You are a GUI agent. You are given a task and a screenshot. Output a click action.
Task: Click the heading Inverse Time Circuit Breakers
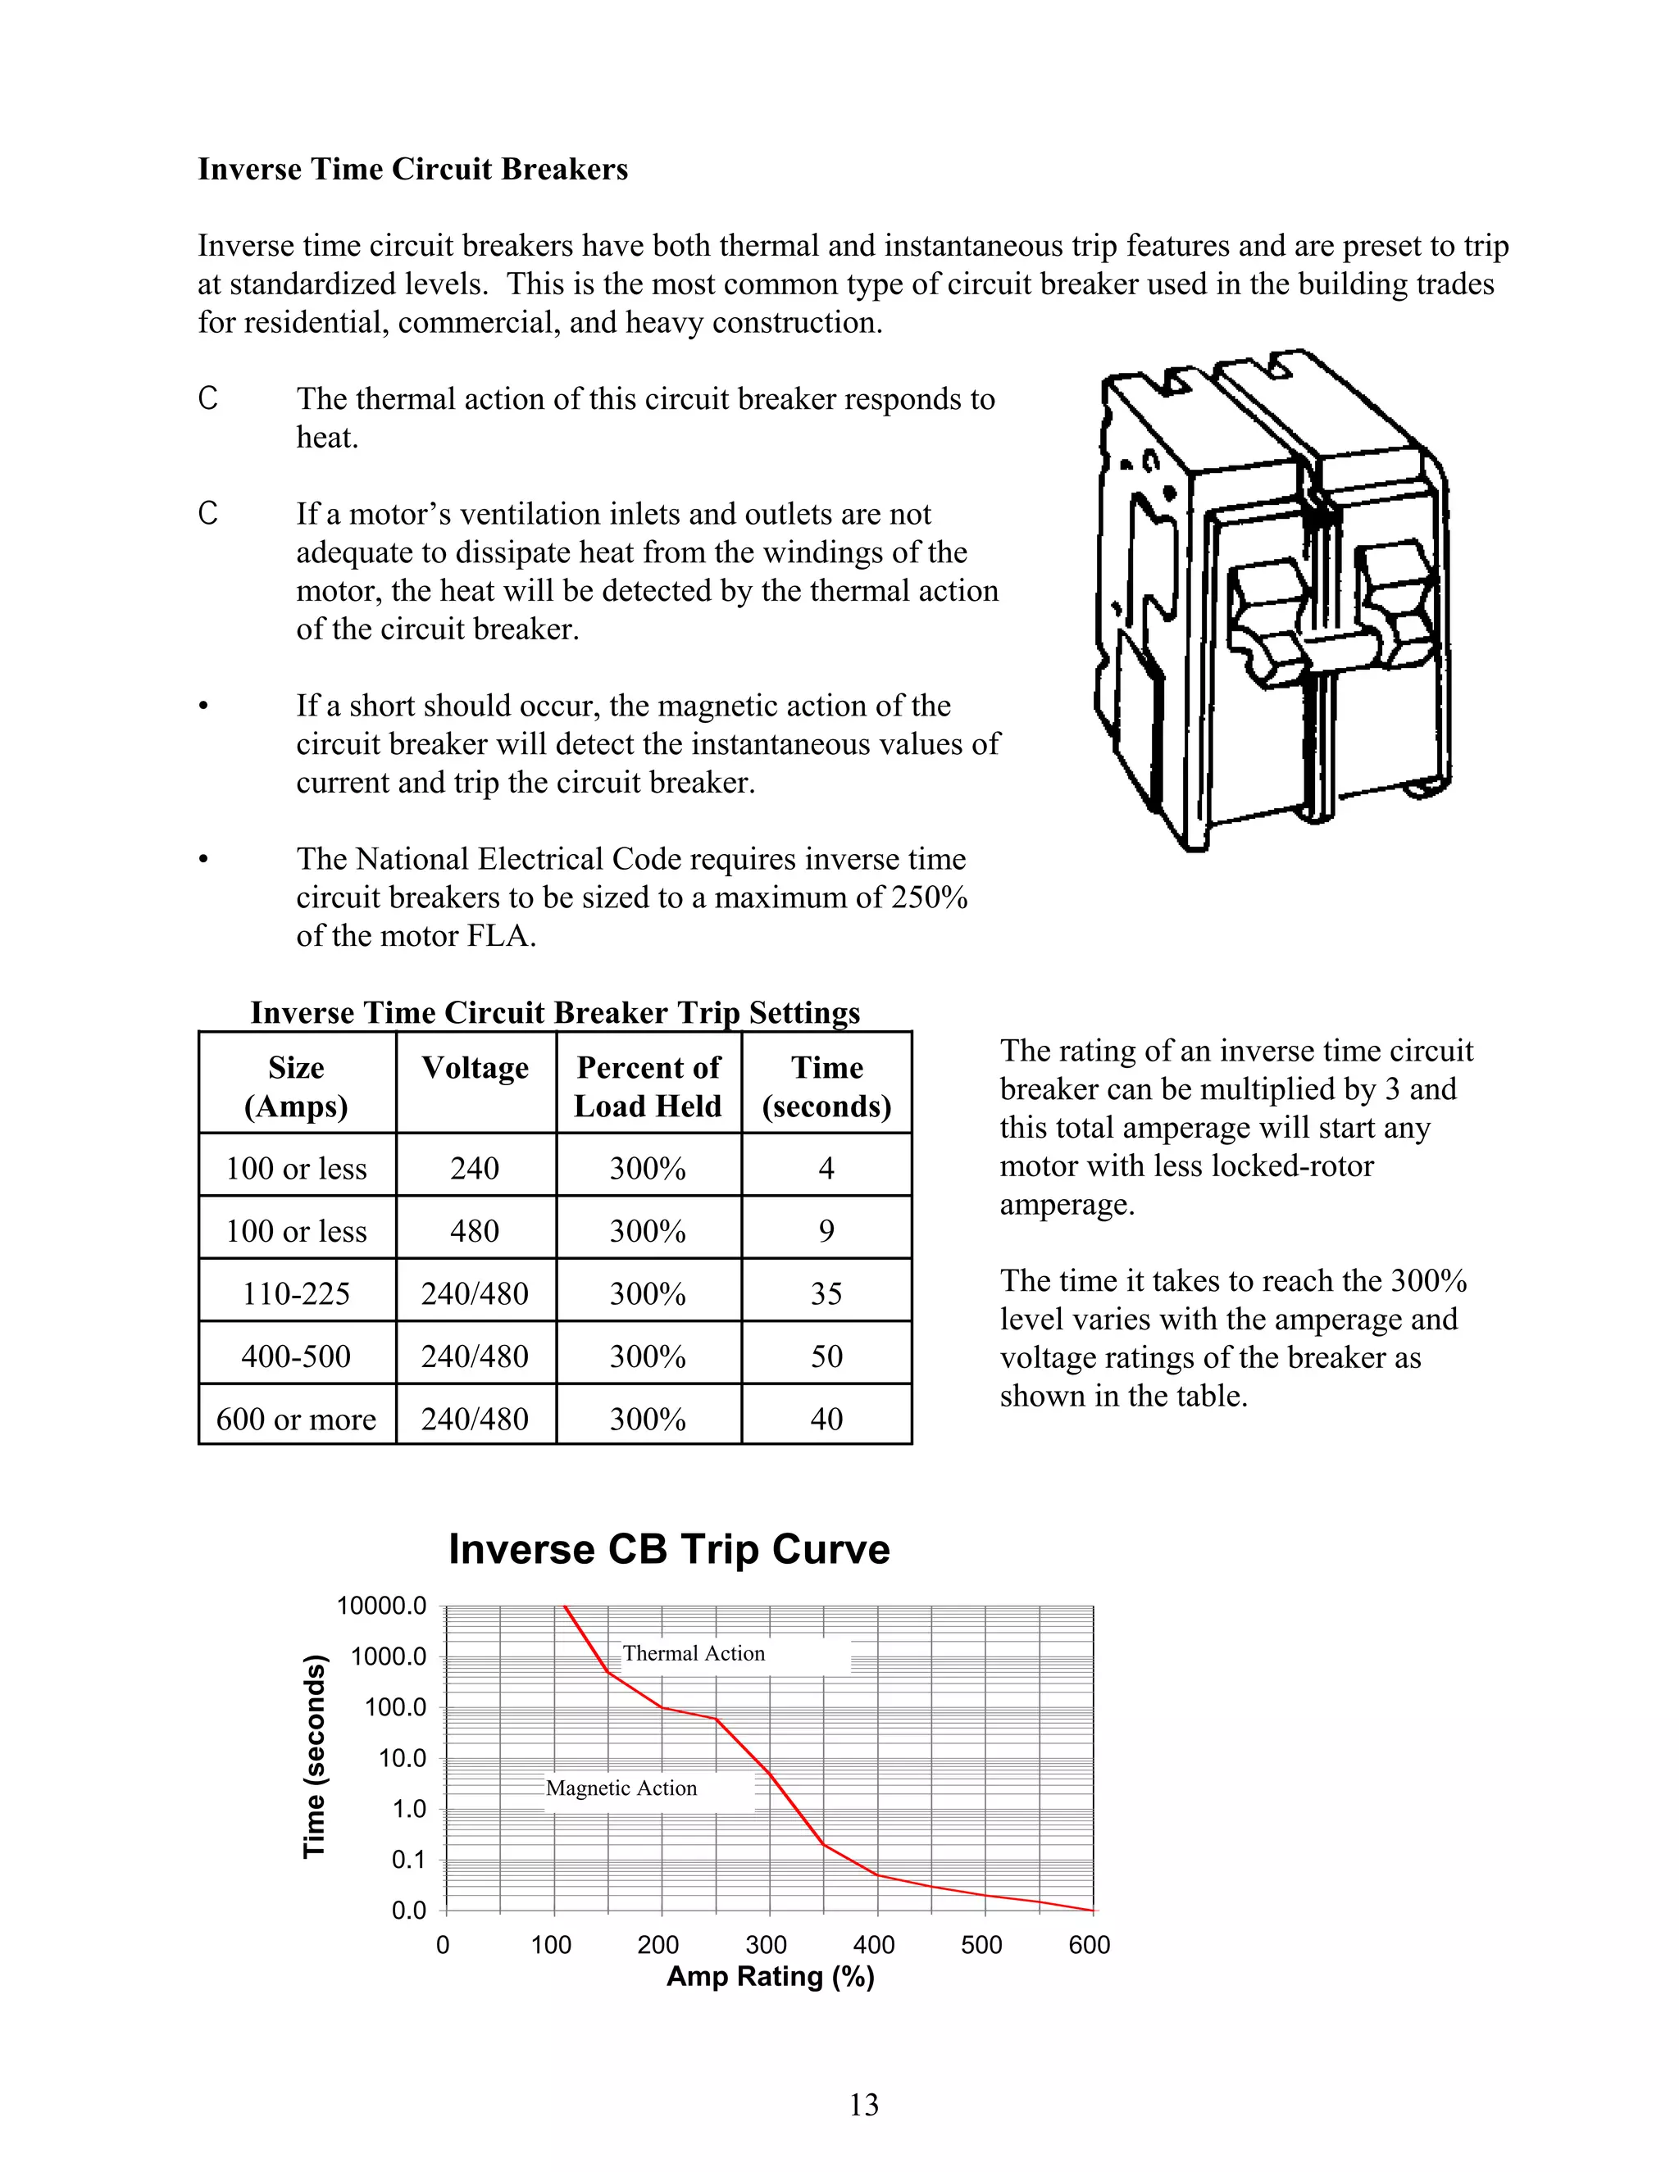point(413,169)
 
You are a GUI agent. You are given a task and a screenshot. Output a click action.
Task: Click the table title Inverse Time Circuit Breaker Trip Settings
point(555,1012)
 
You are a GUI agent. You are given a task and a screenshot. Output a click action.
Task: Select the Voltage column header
point(475,1068)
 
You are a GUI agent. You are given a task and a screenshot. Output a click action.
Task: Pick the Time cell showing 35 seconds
point(826,1294)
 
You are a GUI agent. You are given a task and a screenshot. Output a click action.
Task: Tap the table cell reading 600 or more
point(297,1419)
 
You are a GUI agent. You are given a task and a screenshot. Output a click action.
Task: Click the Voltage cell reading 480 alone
point(475,1231)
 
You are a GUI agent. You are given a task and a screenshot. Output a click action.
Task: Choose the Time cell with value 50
point(826,1356)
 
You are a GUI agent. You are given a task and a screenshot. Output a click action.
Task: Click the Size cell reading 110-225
point(297,1294)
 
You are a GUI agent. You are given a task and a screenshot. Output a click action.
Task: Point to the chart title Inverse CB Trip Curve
point(668,1549)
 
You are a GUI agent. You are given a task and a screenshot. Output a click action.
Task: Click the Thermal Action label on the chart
point(694,1654)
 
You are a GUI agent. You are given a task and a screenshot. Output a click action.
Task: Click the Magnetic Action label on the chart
point(621,1788)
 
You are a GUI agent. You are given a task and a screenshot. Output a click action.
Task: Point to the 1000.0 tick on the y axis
point(388,1656)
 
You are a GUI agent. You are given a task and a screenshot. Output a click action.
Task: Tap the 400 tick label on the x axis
point(873,1945)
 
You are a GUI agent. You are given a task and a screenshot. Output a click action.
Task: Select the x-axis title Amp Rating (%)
point(770,1977)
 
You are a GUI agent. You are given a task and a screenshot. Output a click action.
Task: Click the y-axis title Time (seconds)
point(314,1757)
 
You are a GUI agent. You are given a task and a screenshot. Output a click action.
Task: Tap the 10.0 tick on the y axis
point(402,1758)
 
